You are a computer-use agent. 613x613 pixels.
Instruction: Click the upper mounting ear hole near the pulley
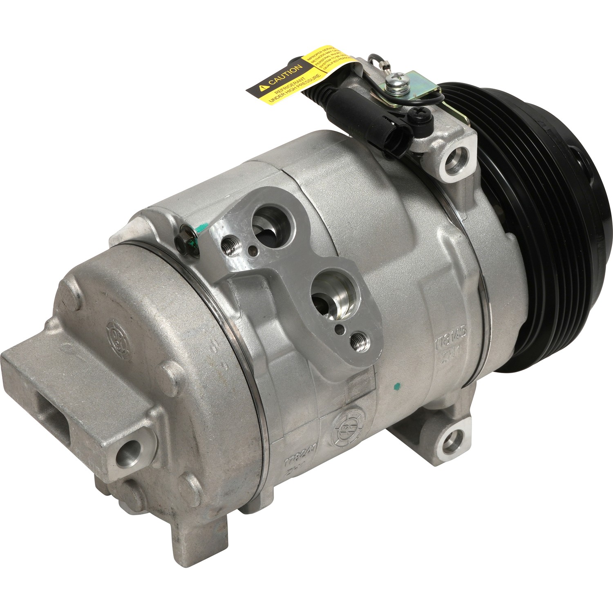[x=454, y=161]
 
